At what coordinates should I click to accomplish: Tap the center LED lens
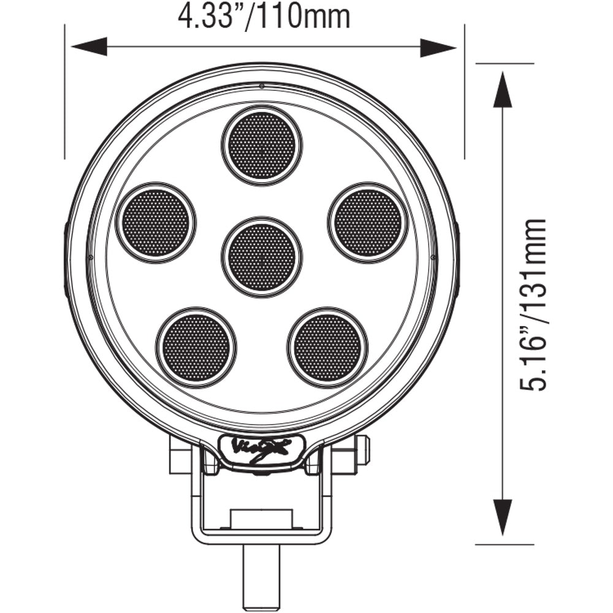pos(262,257)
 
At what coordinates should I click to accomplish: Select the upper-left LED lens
pos(156,221)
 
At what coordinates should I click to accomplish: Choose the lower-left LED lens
pos(196,347)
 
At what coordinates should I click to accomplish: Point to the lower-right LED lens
pos(327,347)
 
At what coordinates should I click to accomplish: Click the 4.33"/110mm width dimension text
pos(264,17)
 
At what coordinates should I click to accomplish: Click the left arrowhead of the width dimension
pos(89,47)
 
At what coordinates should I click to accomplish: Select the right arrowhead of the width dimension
pos(438,47)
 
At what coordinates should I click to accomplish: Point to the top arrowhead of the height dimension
pos(503,89)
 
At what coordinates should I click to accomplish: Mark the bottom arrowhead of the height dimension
pos(503,518)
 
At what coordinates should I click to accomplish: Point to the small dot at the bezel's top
pos(262,85)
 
